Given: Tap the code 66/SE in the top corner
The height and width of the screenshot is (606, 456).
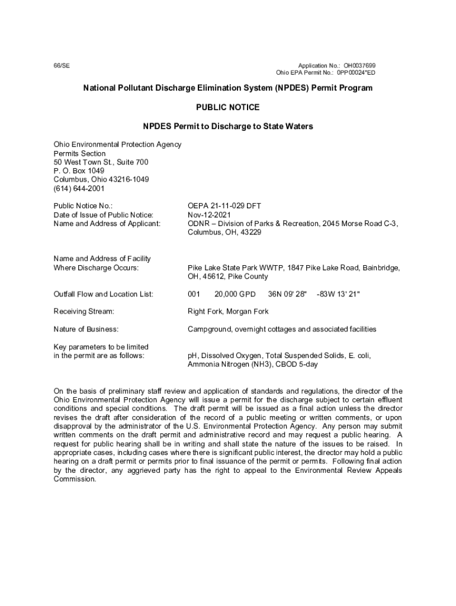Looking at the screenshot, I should click(x=62, y=65).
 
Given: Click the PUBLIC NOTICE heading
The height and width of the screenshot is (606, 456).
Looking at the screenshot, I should click(x=227, y=108).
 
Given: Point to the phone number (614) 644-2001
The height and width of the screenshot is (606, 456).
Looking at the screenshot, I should click(x=79, y=189).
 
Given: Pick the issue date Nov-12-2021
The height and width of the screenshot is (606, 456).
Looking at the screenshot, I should click(x=209, y=215).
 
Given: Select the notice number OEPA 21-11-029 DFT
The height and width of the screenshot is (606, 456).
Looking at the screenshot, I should click(x=224, y=206).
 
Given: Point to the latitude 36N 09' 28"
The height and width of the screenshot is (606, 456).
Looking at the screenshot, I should click(x=287, y=294).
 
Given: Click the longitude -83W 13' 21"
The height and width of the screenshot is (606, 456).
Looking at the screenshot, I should click(x=338, y=294).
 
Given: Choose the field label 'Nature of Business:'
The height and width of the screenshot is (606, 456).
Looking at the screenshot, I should click(x=86, y=329).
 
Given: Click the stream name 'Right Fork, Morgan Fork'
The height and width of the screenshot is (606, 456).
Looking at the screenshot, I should click(x=228, y=311).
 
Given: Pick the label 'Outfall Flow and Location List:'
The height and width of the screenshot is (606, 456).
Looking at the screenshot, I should click(x=104, y=294).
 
